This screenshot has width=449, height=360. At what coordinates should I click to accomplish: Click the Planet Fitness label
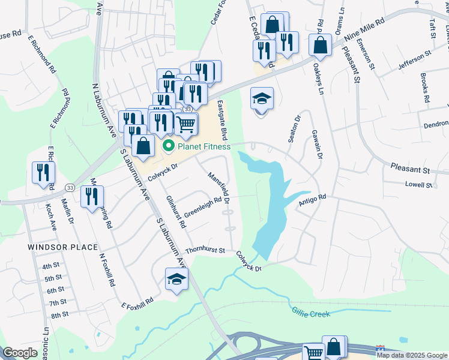point(204,146)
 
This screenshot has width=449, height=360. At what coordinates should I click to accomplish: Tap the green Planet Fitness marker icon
point(169,146)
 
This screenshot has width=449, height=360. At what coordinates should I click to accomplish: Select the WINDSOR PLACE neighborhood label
point(62,247)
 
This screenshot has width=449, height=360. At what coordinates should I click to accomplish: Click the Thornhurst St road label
point(205,250)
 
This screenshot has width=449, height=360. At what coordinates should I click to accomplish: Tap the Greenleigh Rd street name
point(203,208)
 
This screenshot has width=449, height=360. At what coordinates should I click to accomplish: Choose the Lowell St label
point(418,185)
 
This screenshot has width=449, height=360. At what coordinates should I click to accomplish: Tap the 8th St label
point(59,314)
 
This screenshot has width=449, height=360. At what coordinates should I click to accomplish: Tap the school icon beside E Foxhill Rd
point(176,279)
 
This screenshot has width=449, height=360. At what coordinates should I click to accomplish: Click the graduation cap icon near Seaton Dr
point(261,98)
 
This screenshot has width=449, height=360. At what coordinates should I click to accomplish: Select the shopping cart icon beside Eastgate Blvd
point(186,124)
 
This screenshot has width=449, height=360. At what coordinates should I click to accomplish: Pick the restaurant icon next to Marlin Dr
point(91,196)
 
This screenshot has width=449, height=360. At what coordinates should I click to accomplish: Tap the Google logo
point(20,353)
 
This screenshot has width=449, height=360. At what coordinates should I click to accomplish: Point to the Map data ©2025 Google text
point(411,355)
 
